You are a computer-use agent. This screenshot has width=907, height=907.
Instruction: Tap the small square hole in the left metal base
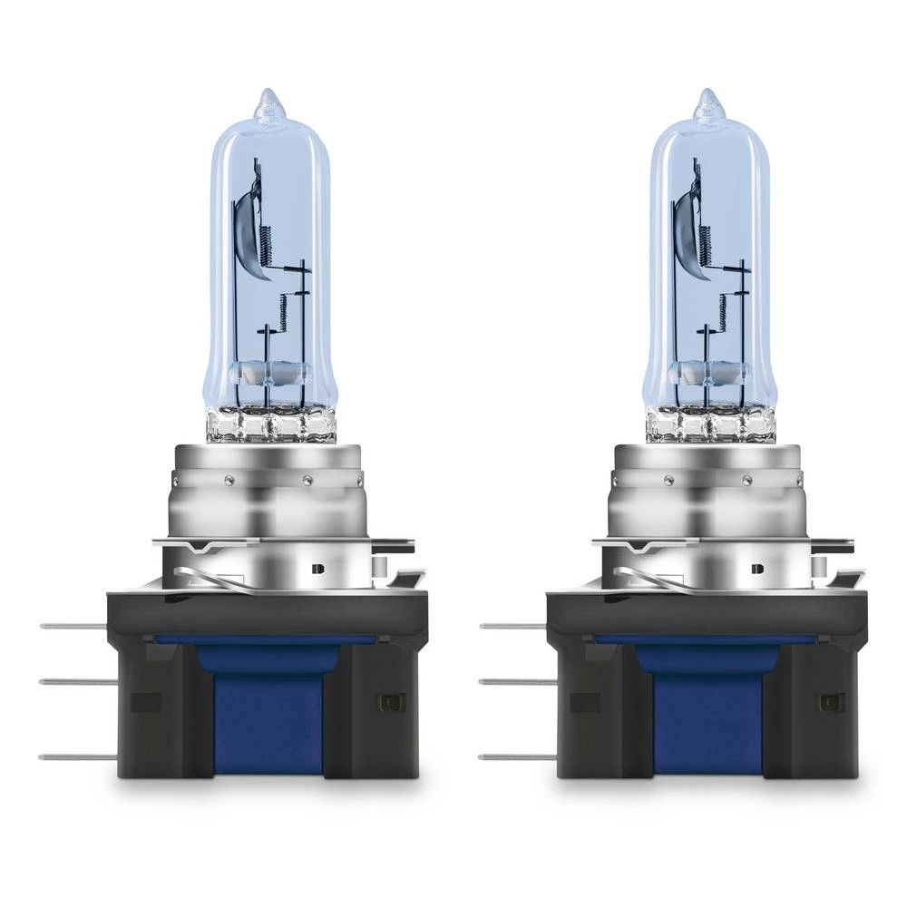point(317,569)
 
